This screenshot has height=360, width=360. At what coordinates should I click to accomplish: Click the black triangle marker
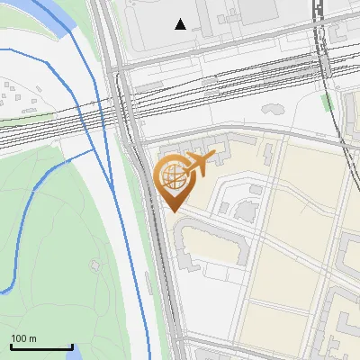pos(181,24)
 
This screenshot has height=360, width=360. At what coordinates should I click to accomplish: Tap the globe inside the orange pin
pos(171,176)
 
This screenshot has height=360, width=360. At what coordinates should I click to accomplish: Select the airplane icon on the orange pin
pos(201,162)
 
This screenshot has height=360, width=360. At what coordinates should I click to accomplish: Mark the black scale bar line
pos(41,347)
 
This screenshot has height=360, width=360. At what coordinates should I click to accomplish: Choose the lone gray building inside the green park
pos(95,265)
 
